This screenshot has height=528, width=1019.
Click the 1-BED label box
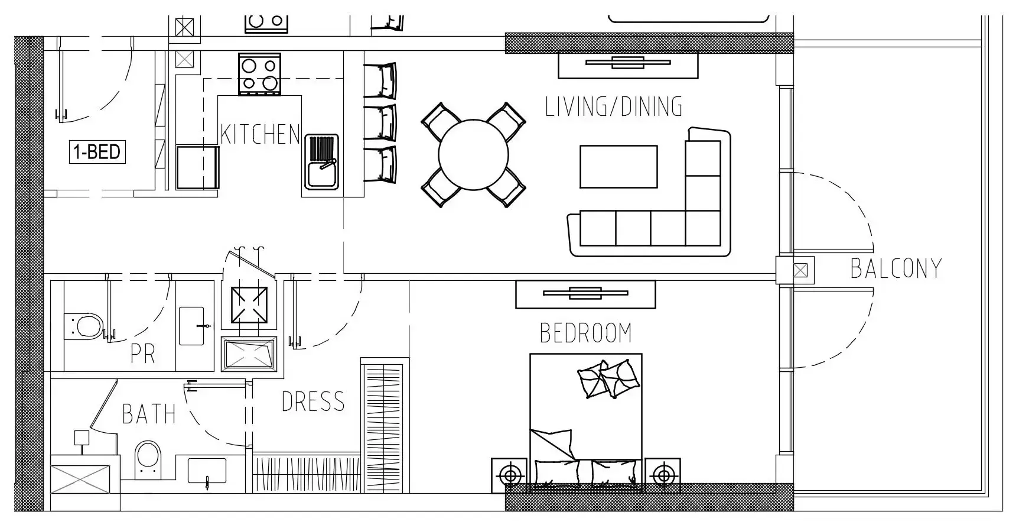[x=97, y=152]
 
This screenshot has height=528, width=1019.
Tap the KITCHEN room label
[x=261, y=134]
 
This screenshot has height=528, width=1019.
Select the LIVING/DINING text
[x=614, y=106]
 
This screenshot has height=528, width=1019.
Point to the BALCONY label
[x=896, y=268]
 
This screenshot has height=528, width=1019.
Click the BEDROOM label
[x=586, y=333]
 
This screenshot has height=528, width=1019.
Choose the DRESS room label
[x=313, y=402]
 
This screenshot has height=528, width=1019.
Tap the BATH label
[x=149, y=414]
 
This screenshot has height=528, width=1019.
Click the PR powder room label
[x=143, y=354]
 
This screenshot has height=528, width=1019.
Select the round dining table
[x=473, y=155]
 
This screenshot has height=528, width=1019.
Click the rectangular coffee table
[x=618, y=167]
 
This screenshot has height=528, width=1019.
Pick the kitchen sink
[x=322, y=162]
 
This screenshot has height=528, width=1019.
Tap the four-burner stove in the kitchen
[x=259, y=74]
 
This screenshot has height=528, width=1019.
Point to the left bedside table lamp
[x=510, y=475]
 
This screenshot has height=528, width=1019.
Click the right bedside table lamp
[x=663, y=475]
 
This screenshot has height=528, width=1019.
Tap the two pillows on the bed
[x=608, y=379]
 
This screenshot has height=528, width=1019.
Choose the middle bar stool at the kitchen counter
[x=380, y=122]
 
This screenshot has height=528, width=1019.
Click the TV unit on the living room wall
[x=628, y=64]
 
